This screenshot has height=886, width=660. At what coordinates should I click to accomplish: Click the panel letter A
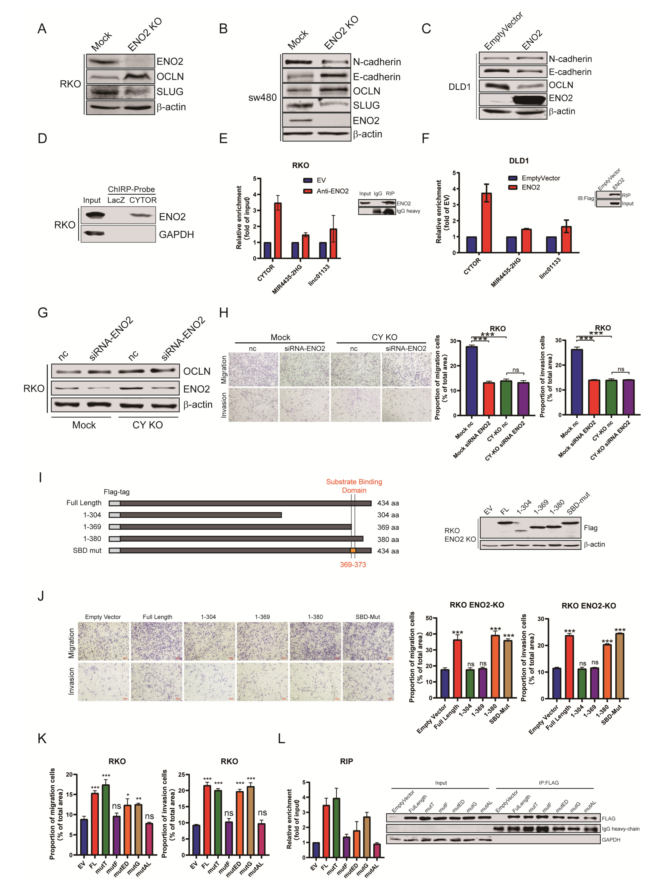pos(42,29)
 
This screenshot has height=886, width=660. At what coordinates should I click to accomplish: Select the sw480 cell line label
pos(262,97)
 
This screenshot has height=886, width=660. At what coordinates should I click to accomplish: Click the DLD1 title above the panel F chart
pos(519,161)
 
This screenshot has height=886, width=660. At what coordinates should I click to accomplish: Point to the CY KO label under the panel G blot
pos(147,425)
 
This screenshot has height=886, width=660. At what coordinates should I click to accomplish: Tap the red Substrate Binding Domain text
pos(354,486)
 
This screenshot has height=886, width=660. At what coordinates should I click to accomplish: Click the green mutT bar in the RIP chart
pos(336,827)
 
